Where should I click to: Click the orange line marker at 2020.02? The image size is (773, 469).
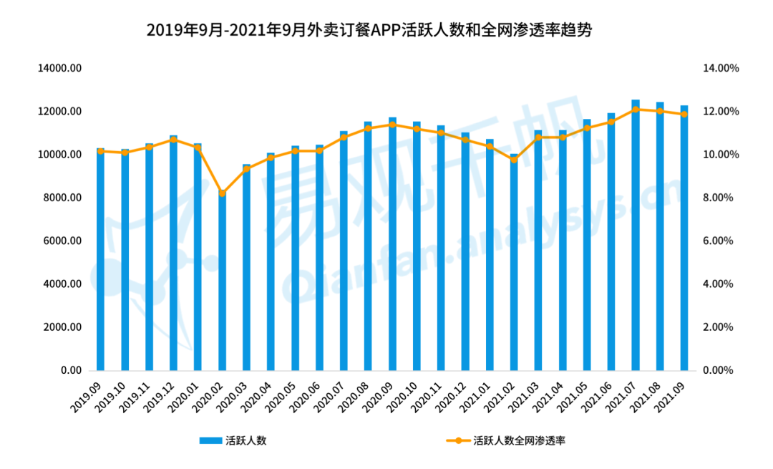point(222,193)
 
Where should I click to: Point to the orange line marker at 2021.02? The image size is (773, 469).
point(514,159)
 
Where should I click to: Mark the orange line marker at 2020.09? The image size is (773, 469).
point(392,125)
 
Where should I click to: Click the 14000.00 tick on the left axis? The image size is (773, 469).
point(63,69)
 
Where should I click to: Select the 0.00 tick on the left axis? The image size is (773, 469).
point(72,371)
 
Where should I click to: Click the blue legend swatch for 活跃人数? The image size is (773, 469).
point(210,441)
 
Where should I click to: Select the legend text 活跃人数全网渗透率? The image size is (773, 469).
point(520,441)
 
